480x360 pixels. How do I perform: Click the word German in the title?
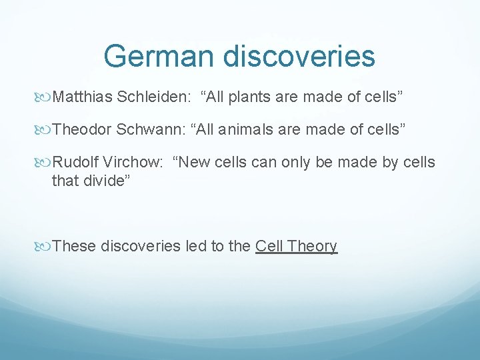(159, 56)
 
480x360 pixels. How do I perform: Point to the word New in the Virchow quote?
(196, 162)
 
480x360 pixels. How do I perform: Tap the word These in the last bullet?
(74, 246)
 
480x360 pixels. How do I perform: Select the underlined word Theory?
(312, 246)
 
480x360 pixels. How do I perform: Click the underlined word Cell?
(269, 246)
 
